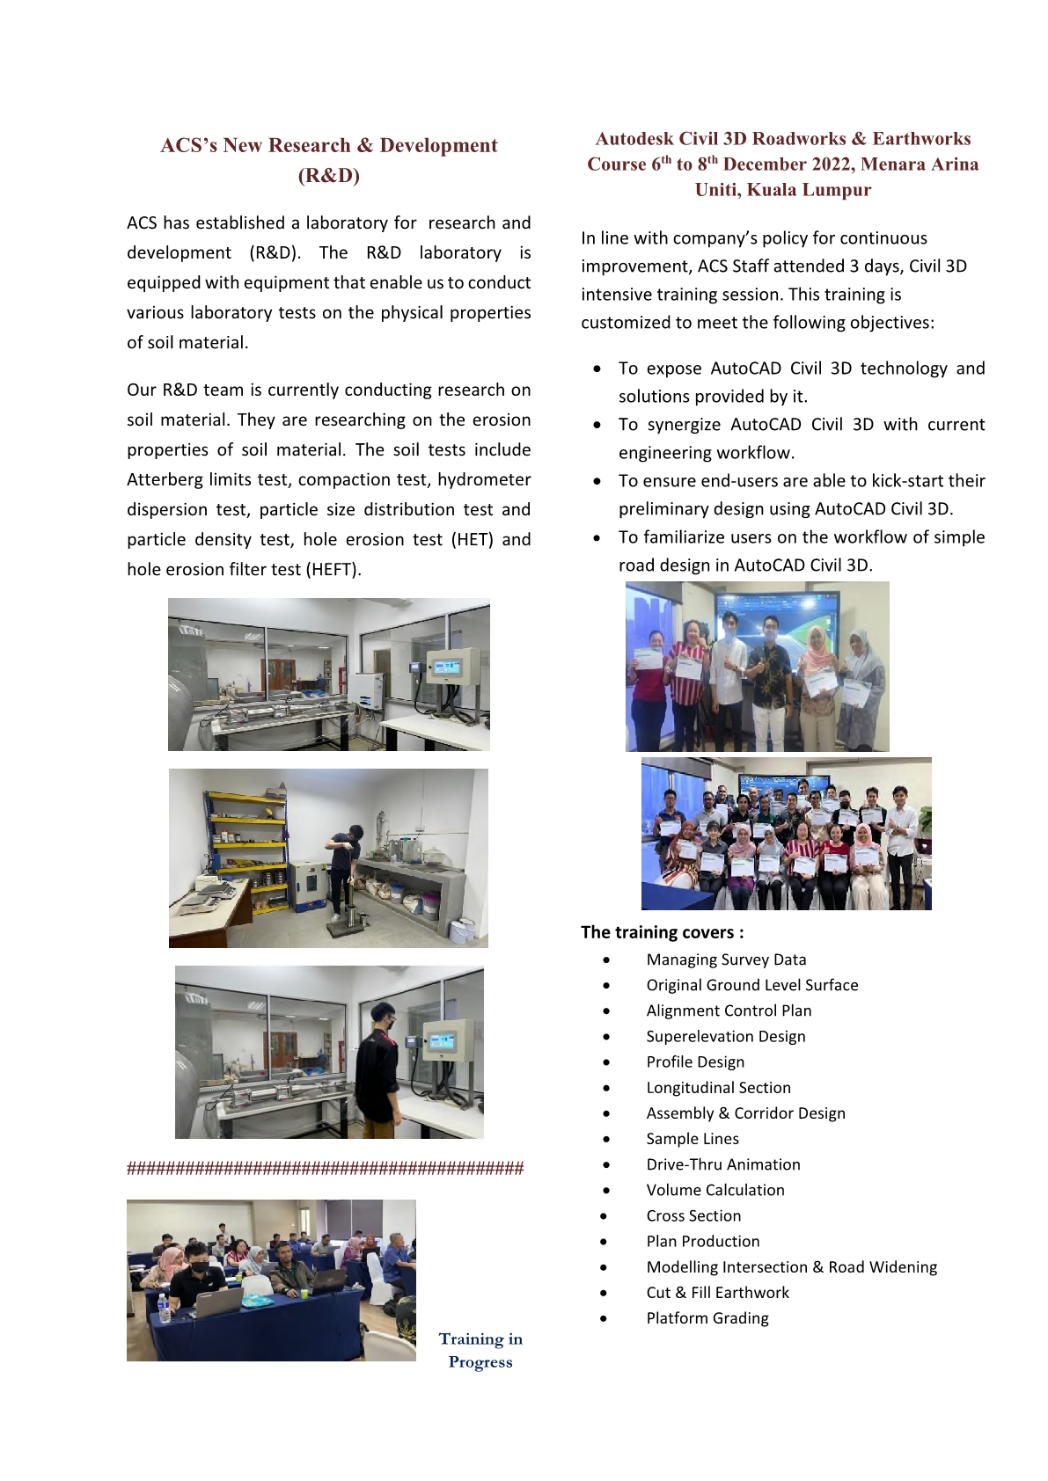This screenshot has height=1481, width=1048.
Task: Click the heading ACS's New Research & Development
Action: click(328, 146)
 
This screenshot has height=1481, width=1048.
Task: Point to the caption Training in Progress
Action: click(480, 1350)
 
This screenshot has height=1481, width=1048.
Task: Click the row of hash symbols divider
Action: click(325, 1169)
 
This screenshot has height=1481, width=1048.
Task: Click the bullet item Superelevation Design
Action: click(725, 1037)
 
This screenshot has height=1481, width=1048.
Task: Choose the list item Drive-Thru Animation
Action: click(722, 1164)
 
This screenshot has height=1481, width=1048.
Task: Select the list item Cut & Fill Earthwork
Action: click(717, 1293)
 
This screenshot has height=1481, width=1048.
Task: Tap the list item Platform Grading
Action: click(707, 1318)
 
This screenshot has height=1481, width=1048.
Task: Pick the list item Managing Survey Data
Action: click(726, 960)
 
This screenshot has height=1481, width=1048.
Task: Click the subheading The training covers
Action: click(662, 933)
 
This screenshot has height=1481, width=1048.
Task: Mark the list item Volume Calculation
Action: click(715, 1191)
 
